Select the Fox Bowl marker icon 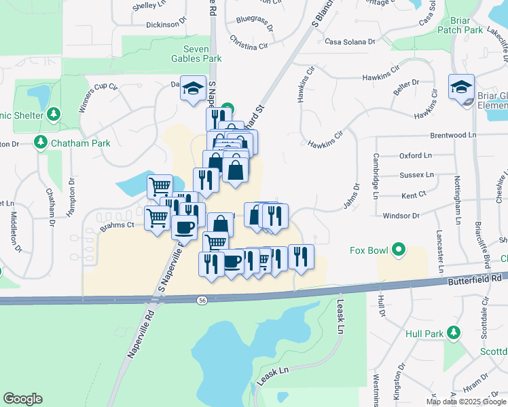point(399,250)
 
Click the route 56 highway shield point(202,299)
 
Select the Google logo point(22,399)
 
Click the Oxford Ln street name point(415,155)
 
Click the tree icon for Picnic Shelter point(54,114)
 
